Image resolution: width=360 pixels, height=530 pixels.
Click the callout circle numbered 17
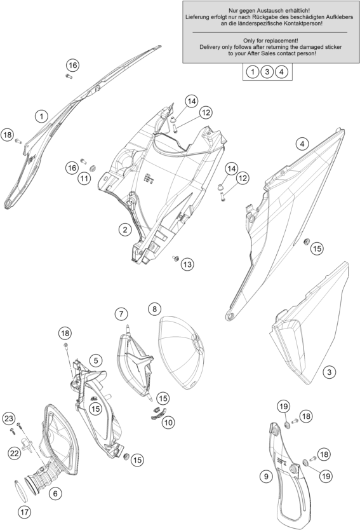click(x=25, y=512)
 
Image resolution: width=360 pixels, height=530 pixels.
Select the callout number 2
click(x=125, y=230)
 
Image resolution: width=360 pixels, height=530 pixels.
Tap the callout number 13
click(x=187, y=264)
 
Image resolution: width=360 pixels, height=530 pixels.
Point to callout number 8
click(x=154, y=309)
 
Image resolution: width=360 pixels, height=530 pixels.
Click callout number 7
click(x=121, y=314)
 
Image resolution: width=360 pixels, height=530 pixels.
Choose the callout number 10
click(x=168, y=422)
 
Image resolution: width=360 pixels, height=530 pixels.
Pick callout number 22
click(x=15, y=453)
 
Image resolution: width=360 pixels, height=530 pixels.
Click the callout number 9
click(x=266, y=477)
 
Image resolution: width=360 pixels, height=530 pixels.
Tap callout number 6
click(x=55, y=494)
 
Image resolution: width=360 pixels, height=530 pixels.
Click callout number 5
click(x=96, y=361)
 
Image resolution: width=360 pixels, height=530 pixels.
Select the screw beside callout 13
click(x=176, y=259)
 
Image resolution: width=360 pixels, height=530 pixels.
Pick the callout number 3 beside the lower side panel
click(x=330, y=372)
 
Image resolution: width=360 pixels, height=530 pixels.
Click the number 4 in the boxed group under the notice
click(x=281, y=72)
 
